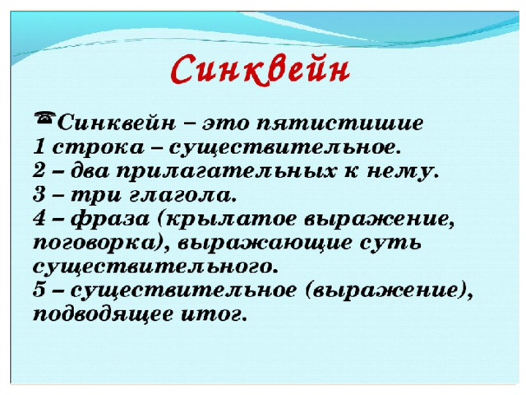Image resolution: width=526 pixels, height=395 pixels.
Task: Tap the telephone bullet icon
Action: coord(45,118)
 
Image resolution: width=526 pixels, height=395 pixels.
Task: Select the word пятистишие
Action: coord(339,123)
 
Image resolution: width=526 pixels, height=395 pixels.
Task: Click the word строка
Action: coord(98,148)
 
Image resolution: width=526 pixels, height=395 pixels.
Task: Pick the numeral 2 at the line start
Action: coord(39,170)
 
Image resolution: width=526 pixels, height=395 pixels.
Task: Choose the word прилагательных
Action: coord(226,172)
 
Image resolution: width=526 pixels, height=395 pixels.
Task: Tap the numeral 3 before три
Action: coord(39,194)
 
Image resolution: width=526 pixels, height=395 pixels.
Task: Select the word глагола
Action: coord(180,195)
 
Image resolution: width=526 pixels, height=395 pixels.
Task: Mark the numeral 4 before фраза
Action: coord(39,218)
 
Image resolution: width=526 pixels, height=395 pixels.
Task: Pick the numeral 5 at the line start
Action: coord(39,290)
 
